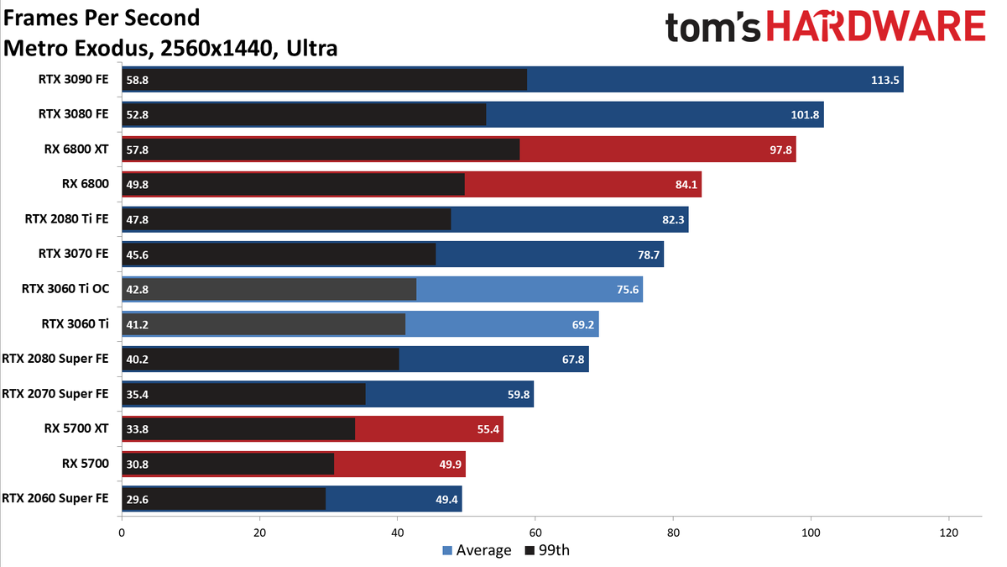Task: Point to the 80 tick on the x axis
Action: [x=673, y=533]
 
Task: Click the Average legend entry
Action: [x=477, y=551]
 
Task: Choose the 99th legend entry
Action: [x=546, y=551]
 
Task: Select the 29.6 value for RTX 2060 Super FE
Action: [x=138, y=498]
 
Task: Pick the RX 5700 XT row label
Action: [x=76, y=428]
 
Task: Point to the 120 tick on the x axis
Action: [x=948, y=533]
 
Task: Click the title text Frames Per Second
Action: [x=102, y=17]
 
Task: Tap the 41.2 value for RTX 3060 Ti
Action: [x=138, y=323]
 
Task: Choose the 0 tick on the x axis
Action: [x=122, y=533]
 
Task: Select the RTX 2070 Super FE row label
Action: [x=55, y=393]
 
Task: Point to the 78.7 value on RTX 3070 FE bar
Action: [x=647, y=254]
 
